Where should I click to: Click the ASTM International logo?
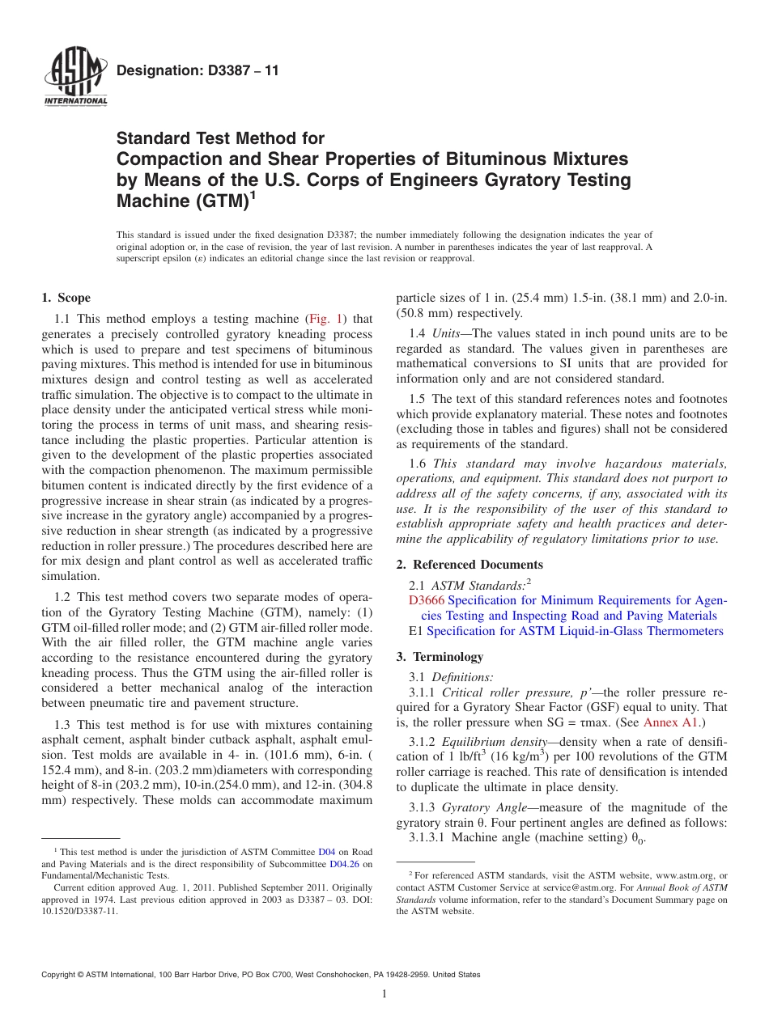tap(75, 78)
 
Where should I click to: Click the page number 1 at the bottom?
tap(384, 994)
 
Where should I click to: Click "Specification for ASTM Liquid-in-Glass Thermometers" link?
tap(575, 631)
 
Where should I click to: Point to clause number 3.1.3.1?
tap(428, 838)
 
